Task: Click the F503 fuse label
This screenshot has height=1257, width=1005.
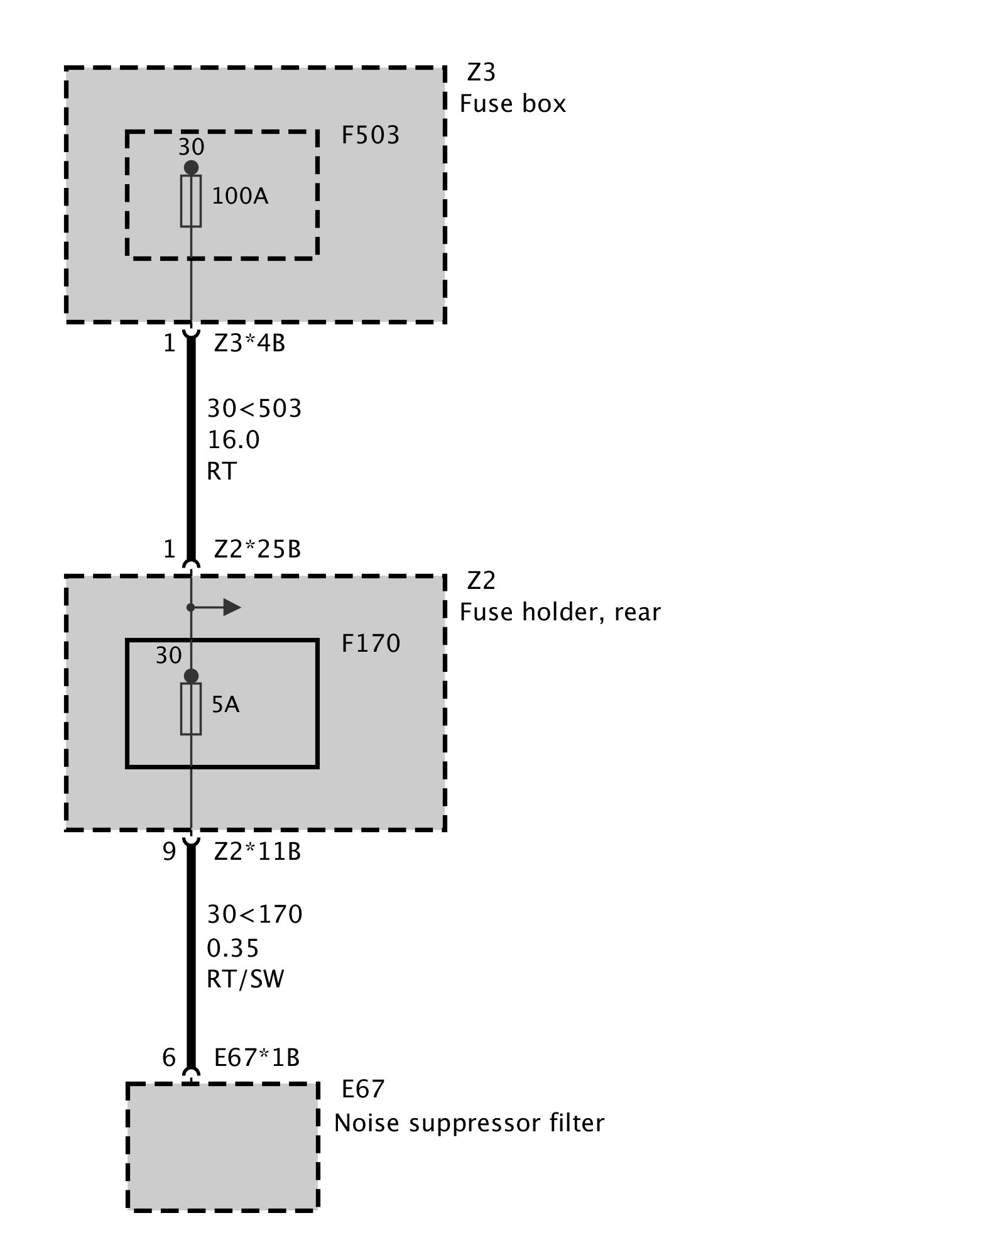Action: (370, 136)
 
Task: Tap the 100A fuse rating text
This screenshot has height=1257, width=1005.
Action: (240, 197)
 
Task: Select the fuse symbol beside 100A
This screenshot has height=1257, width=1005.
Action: (191, 201)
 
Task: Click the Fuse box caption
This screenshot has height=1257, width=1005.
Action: (513, 104)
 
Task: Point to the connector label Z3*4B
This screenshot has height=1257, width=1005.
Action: (249, 344)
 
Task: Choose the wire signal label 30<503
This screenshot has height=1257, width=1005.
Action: (254, 409)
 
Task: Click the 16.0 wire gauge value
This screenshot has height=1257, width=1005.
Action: (234, 441)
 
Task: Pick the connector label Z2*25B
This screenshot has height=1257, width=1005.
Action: (258, 550)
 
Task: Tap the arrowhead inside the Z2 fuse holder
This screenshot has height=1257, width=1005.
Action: (232, 607)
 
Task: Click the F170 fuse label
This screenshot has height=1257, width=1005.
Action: (371, 644)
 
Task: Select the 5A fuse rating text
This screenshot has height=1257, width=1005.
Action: (225, 705)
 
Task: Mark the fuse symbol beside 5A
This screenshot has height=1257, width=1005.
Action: (191, 709)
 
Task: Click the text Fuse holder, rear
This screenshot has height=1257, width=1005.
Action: (560, 612)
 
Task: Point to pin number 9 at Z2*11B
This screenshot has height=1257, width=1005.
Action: (169, 852)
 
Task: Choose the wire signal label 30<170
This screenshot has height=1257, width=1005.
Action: (254, 914)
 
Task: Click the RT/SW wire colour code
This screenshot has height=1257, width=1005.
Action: (246, 979)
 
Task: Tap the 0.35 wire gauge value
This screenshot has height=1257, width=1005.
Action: (233, 948)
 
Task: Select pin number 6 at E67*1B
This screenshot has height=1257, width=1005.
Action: (169, 1058)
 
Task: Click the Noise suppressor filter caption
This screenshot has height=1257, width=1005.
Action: (469, 1123)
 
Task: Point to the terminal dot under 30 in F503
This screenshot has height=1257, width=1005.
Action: (191, 168)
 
